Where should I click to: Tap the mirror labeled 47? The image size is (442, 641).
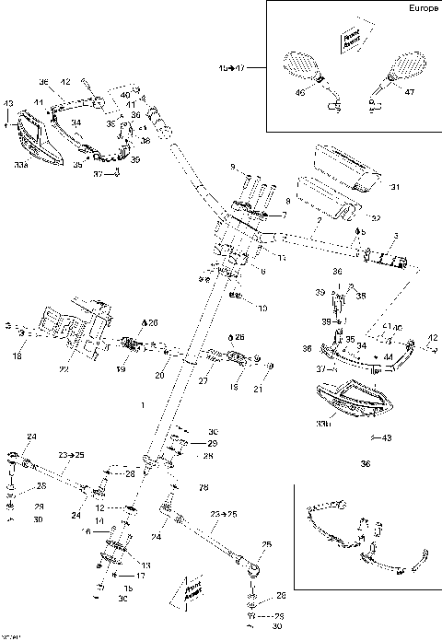(404, 66)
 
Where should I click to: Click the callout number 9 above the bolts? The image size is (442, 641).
(233, 167)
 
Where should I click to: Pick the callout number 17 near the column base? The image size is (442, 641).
(141, 576)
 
